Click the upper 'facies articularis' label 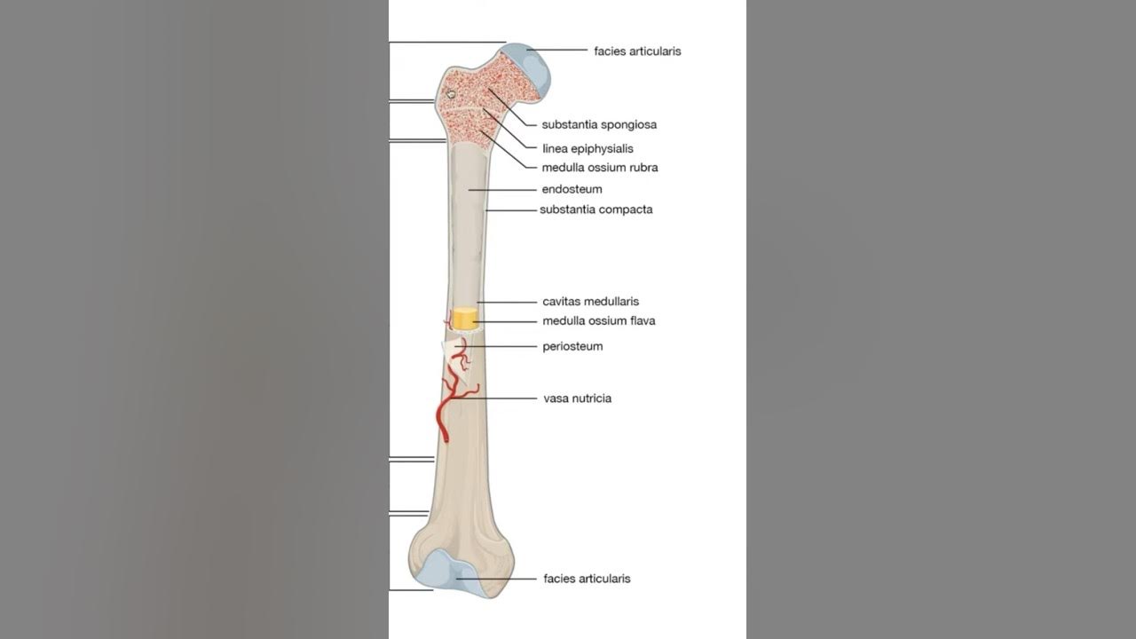click(637, 51)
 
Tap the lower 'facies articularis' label click(587, 579)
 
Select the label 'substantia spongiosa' click(599, 125)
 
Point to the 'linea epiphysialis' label click(588, 149)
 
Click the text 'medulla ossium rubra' click(600, 168)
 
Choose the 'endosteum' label click(572, 190)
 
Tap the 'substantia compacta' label click(596, 210)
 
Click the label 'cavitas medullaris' click(590, 302)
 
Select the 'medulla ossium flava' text click(599, 321)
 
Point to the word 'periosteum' click(572, 347)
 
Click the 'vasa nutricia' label click(577, 398)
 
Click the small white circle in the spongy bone click(451, 93)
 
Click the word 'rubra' click(641, 168)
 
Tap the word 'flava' click(641, 321)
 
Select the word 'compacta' click(626, 210)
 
